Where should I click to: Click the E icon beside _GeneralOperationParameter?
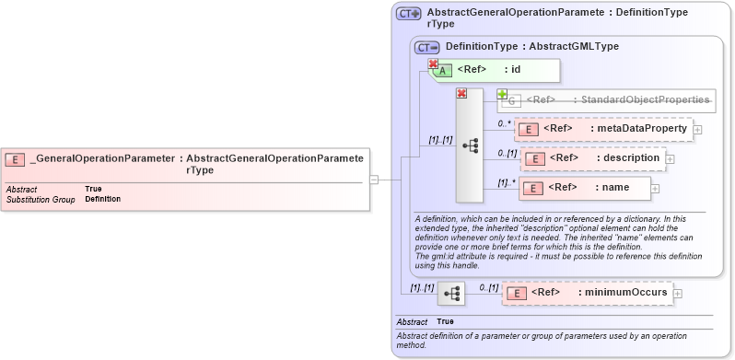click(x=16, y=159)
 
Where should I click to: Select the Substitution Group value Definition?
click(x=102, y=199)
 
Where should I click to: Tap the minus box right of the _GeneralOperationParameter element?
click(x=374, y=180)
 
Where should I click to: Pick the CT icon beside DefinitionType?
click(x=427, y=46)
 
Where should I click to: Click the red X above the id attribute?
click(x=433, y=64)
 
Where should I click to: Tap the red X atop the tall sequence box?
click(x=461, y=93)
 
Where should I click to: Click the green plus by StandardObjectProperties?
click(x=502, y=94)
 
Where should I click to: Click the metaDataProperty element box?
click(x=602, y=129)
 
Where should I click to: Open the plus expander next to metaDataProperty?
click(x=697, y=130)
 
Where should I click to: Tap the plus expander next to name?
click(x=656, y=189)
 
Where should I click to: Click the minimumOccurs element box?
click(x=587, y=293)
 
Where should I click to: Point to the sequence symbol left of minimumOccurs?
click(x=451, y=294)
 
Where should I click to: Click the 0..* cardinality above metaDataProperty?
click(x=505, y=122)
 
